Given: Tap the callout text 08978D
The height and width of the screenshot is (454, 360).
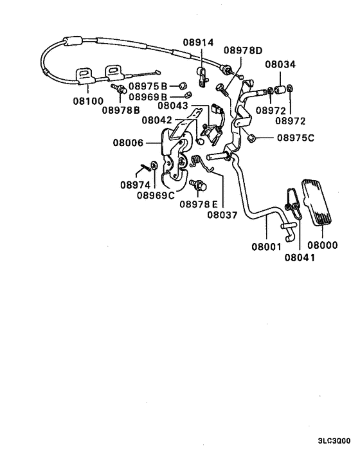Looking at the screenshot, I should (x=243, y=50).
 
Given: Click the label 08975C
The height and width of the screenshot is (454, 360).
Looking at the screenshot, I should (x=296, y=137).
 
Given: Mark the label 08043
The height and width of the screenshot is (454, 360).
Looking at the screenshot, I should (x=173, y=106).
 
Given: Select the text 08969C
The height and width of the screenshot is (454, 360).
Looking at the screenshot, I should (x=156, y=195).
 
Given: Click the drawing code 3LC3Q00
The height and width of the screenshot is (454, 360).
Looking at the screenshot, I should (x=334, y=441).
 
